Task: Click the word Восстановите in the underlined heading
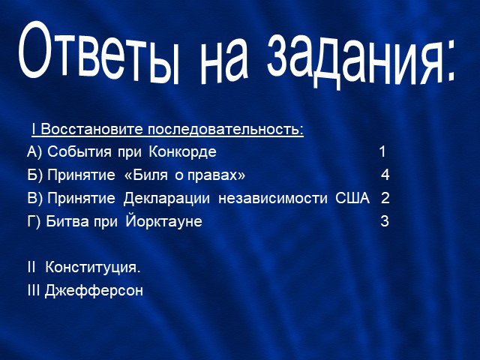coord(91,129)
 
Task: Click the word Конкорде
coord(183,151)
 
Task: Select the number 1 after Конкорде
coord(382,151)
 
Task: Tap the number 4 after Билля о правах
coord(385,175)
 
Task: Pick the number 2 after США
coord(385,198)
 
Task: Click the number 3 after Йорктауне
coord(385,221)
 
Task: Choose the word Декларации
coord(166,198)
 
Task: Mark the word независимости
coord(273,198)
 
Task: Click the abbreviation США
coord(352,198)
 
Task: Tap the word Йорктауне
coord(163,220)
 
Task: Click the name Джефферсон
coord(94,290)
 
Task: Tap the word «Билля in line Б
coord(146,175)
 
